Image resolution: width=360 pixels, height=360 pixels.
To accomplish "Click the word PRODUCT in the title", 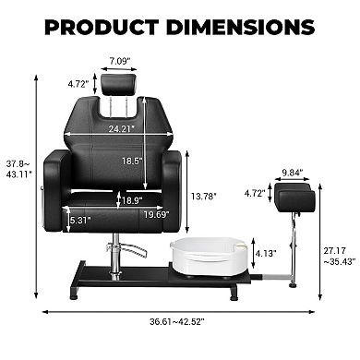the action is (102, 27).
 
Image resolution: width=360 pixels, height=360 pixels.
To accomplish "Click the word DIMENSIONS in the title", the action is (240, 27).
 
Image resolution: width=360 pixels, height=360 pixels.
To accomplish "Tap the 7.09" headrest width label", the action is (118, 61).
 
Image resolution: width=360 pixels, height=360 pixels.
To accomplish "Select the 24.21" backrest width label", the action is (122, 128).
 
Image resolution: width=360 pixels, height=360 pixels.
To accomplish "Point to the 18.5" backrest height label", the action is (132, 161).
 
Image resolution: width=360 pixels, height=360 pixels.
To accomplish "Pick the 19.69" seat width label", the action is (157, 214).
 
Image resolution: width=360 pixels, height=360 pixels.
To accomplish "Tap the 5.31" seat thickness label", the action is (80, 220).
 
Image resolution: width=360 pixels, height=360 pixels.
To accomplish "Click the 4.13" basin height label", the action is (266, 253).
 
